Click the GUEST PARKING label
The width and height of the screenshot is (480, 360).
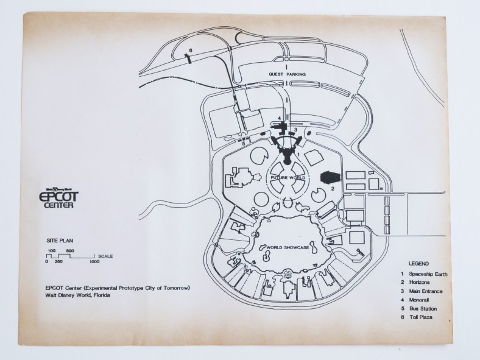click(x=287, y=74)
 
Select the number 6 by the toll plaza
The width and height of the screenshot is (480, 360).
click(x=191, y=49)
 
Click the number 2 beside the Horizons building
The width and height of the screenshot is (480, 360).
click(x=333, y=189)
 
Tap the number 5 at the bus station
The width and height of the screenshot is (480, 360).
click(x=242, y=144)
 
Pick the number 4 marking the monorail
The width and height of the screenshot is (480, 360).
click(x=279, y=119)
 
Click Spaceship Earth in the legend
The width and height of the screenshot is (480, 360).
click(x=428, y=274)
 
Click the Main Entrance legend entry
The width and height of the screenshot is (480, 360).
click(x=427, y=292)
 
